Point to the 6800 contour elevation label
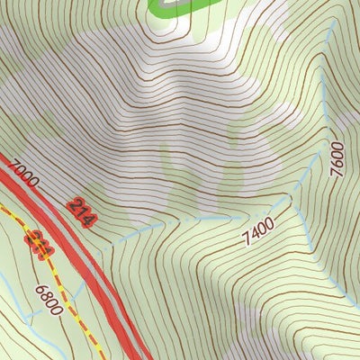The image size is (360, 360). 48,300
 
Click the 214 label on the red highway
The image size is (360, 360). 82,212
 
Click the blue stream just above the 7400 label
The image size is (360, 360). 225,218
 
